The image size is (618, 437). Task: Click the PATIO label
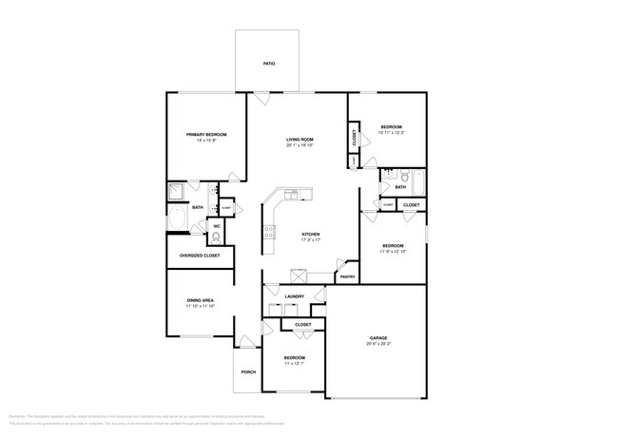click(269, 64)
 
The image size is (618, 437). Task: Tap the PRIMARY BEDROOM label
click(206, 135)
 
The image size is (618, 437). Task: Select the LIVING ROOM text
click(299, 140)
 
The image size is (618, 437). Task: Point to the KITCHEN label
click(311, 234)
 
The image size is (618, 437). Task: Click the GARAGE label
click(378, 338)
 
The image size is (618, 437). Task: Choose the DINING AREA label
click(201, 300)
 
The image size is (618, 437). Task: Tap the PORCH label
click(248, 371)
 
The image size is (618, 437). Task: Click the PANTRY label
click(347, 276)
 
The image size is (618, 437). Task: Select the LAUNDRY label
click(295, 296)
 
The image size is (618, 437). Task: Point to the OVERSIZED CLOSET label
click(200, 256)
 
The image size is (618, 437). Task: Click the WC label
click(217, 226)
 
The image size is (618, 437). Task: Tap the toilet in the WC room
click(216, 237)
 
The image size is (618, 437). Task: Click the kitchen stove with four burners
click(270, 230)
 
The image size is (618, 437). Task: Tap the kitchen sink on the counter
click(294, 195)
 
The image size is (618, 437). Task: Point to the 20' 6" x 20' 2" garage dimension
click(378, 344)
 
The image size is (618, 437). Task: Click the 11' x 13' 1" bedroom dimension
click(293, 363)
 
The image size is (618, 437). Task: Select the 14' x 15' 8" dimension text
click(206, 141)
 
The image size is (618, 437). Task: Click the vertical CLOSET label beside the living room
click(354, 137)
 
